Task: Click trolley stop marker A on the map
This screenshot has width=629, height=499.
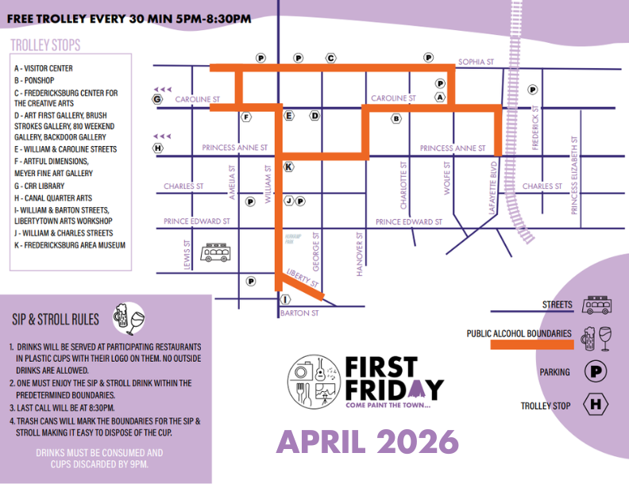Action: click(439, 97)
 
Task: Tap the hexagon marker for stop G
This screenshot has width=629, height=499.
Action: click(157, 99)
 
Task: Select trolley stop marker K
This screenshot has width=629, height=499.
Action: click(288, 167)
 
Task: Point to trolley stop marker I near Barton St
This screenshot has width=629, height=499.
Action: click(285, 299)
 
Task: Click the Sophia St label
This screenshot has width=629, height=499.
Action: click(476, 61)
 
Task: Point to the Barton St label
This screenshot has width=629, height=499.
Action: click(299, 313)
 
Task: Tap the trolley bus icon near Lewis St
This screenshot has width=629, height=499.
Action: click(216, 253)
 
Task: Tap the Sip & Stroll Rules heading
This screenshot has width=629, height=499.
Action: click(56, 319)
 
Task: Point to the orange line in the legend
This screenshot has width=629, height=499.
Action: click(531, 345)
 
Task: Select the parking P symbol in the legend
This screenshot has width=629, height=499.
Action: click(595, 370)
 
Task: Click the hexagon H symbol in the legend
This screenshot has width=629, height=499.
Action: click(595, 405)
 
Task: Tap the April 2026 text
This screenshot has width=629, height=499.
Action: click(367, 440)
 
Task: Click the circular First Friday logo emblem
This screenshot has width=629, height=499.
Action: click(314, 381)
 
